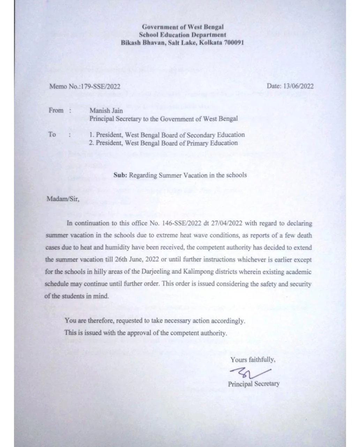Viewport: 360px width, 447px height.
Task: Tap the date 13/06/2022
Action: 299,86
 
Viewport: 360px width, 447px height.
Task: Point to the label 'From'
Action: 56,111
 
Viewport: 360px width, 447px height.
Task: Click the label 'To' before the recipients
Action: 52,134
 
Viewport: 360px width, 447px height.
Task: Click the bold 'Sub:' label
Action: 120,175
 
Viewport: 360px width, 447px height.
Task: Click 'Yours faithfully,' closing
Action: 253,360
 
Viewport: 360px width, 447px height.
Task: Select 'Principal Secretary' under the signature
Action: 254,384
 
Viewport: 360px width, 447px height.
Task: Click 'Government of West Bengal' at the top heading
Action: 183,27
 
